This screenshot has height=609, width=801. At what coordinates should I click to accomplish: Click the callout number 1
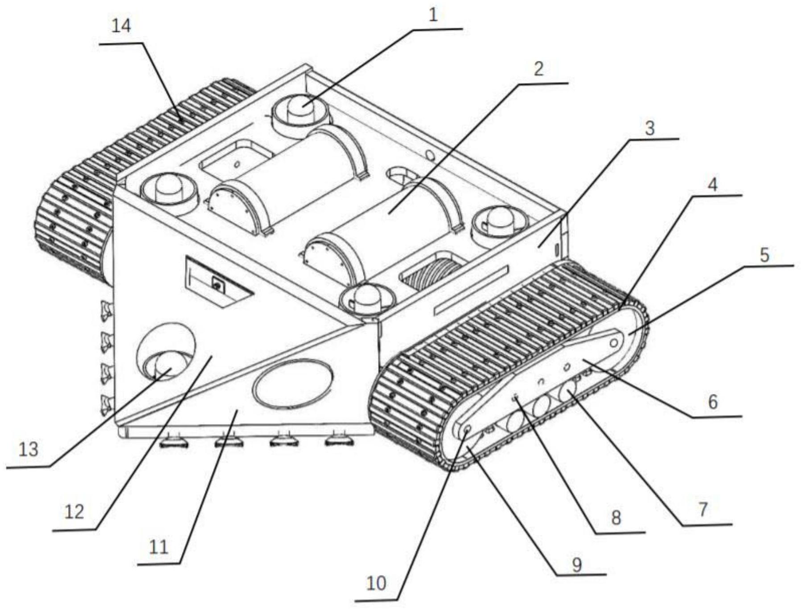click(433, 15)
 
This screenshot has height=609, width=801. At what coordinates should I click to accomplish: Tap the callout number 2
click(538, 69)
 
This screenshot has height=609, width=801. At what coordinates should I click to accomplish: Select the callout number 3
click(650, 128)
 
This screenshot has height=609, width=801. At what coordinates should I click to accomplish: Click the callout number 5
click(764, 255)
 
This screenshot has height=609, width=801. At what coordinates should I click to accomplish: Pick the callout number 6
click(713, 402)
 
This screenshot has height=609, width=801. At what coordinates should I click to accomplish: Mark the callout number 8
click(616, 518)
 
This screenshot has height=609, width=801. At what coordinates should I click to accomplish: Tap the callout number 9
click(577, 565)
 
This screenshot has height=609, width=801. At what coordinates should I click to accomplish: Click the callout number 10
click(376, 583)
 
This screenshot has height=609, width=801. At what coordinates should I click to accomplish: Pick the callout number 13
click(29, 449)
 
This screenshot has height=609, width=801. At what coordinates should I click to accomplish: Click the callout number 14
click(121, 26)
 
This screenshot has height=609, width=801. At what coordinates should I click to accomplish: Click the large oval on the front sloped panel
click(292, 384)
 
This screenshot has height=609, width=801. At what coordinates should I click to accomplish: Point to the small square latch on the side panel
click(218, 284)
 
